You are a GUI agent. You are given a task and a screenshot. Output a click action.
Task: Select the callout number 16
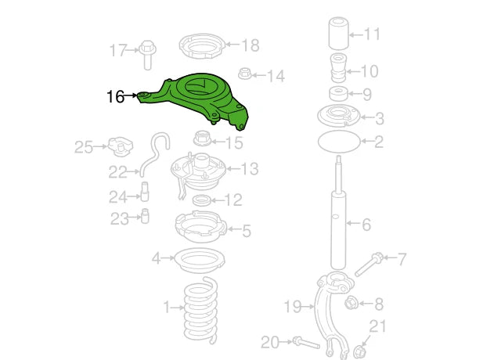(x=115, y=97)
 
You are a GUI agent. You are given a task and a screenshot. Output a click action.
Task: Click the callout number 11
(x=372, y=34)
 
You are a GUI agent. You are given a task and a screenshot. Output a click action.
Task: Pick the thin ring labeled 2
(x=339, y=142)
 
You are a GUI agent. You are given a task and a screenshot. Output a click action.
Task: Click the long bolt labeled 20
(x=304, y=342)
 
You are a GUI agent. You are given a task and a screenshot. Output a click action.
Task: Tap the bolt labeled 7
(x=370, y=264)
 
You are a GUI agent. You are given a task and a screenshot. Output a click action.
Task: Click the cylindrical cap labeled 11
(x=337, y=36)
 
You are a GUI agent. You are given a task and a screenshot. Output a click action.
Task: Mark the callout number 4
(x=156, y=257)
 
